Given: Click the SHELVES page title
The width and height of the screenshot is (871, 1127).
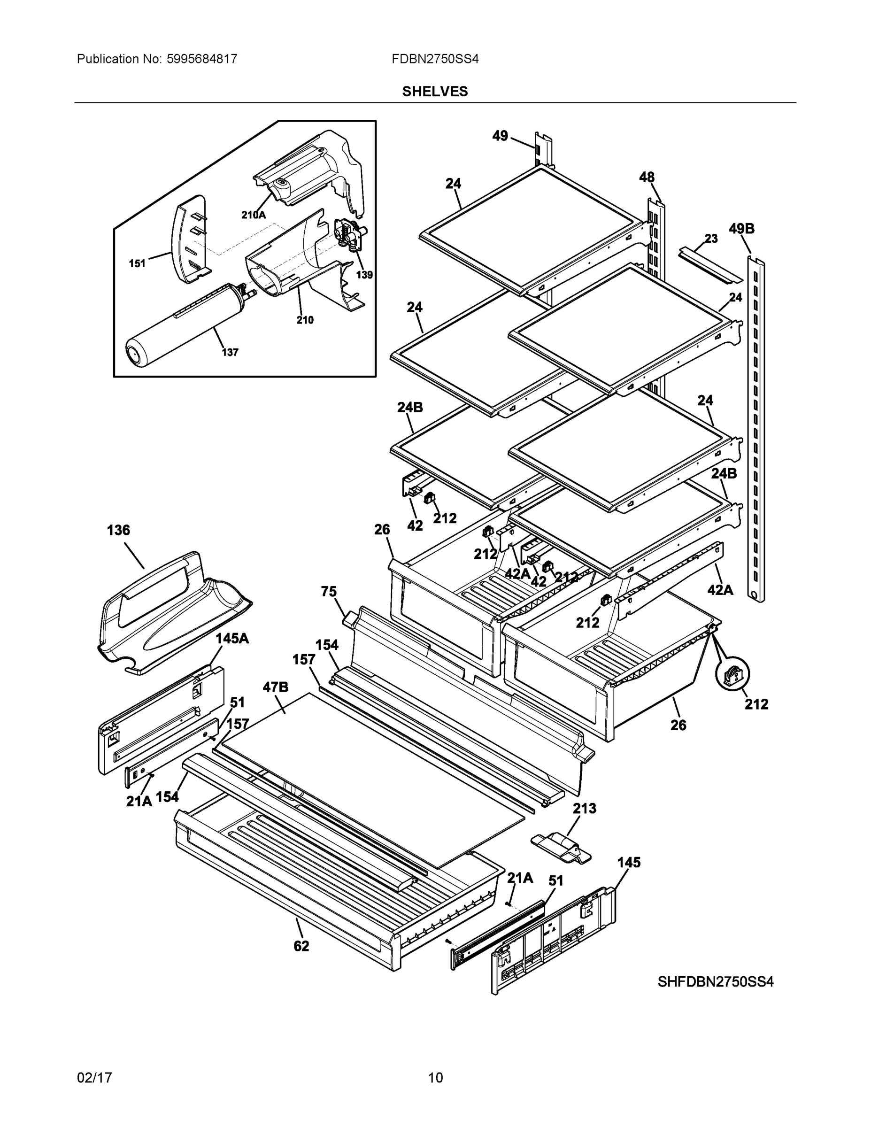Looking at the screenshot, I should [x=434, y=92].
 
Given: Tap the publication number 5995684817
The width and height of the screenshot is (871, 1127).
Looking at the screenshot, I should [x=201, y=59].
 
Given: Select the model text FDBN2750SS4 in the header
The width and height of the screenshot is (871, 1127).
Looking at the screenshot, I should [x=434, y=59].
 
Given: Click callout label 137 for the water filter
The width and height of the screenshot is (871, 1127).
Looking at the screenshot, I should [x=230, y=353].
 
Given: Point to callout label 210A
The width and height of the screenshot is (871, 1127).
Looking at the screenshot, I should [x=254, y=215].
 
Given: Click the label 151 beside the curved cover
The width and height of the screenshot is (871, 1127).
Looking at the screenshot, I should [x=137, y=264].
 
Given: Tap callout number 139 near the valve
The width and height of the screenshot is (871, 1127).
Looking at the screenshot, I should [x=364, y=275].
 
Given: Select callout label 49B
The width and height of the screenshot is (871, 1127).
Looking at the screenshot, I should [x=741, y=228].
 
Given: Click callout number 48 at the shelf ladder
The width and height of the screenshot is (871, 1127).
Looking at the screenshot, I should [x=647, y=177].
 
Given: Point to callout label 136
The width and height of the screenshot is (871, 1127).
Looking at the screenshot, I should [x=118, y=530].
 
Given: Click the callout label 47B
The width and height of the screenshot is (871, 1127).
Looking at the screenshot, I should [x=275, y=687].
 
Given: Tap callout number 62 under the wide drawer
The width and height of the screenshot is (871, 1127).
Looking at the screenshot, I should [x=301, y=946].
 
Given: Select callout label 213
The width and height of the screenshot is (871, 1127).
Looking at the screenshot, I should [x=584, y=809].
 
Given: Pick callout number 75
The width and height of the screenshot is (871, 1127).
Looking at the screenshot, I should [x=329, y=591].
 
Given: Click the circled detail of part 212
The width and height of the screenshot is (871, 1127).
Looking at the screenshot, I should [x=732, y=674].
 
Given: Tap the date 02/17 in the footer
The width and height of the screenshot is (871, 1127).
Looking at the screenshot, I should [x=94, y=1078].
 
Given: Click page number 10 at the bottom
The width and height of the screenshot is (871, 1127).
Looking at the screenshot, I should [x=435, y=1078].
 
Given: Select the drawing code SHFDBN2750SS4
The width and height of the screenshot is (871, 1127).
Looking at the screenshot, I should [x=715, y=981].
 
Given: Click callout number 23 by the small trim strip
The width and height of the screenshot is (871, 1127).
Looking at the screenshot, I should [x=711, y=239].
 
